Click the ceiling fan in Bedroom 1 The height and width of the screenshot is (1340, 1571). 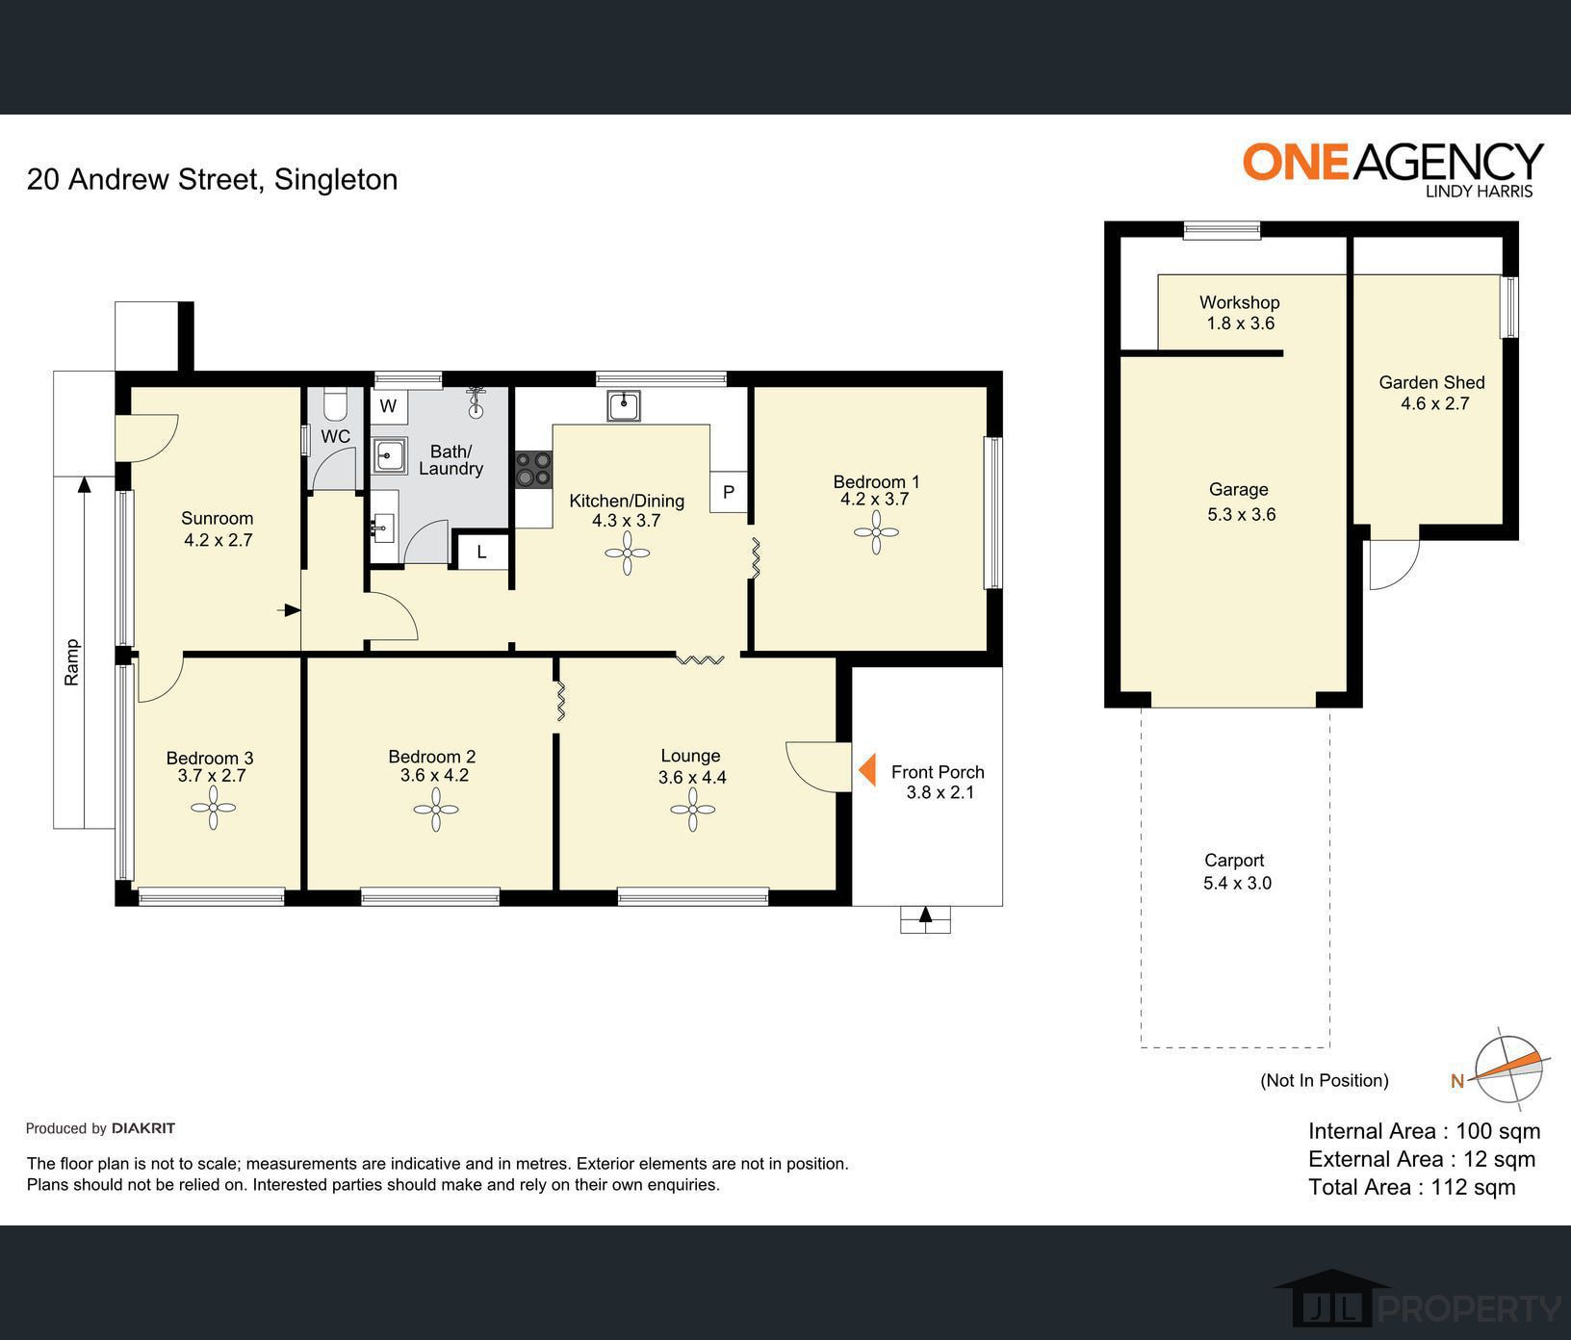(x=876, y=532)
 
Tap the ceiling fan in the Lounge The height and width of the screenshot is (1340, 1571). (x=692, y=810)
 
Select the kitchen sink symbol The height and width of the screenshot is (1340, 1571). (x=624, y=405)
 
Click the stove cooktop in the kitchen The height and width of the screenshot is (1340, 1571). (x=533, y=469)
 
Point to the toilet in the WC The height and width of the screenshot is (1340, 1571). (x=335, y=405)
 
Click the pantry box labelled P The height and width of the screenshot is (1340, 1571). (x=729, y=492)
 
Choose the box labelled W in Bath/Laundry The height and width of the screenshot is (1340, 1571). (x=388, y=405)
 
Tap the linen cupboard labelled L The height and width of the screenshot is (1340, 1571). (x=481, y=552)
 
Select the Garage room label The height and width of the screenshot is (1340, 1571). (x=1239, y=489)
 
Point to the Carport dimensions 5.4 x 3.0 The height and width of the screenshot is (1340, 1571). (x=1237, y=883)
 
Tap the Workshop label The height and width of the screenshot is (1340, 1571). (x=1239, y=302)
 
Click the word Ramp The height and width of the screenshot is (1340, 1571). (x=71, y=662)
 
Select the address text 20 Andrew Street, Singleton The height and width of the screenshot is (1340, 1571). (x=212, y=179)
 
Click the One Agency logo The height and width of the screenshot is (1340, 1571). (x=1393, y=169)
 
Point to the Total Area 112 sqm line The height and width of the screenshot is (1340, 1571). (x=1411, y=1187)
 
